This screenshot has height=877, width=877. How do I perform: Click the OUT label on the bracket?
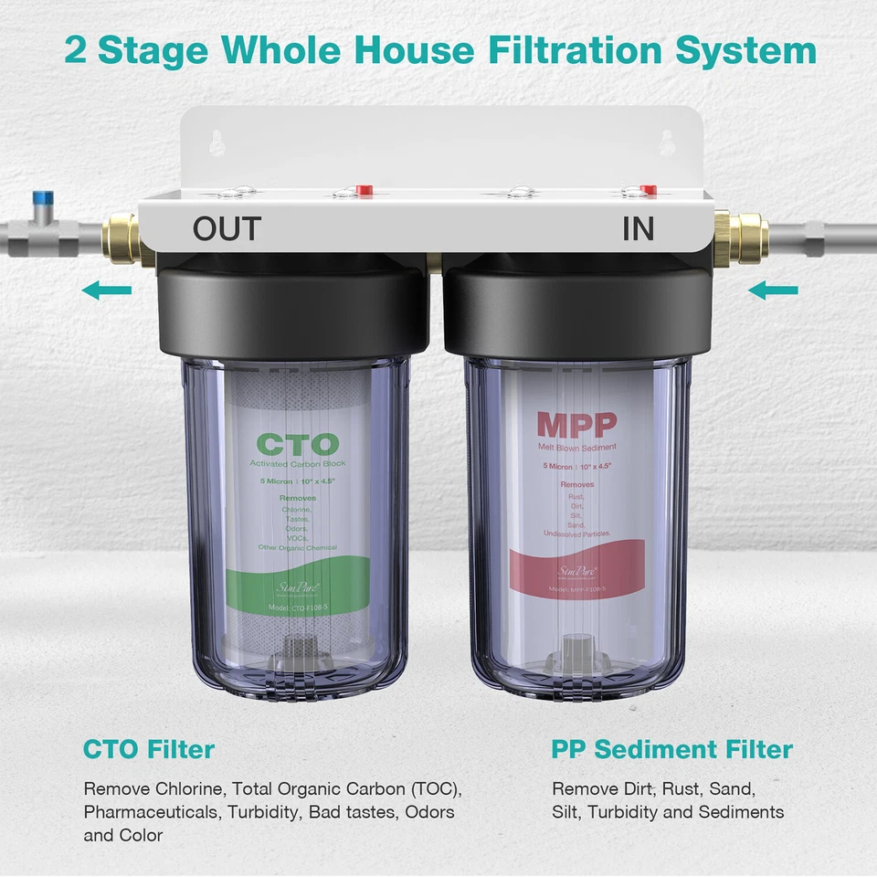[227, 228]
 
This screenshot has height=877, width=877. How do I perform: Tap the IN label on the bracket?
[639, 228]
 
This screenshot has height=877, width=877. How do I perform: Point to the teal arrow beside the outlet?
[106, 291]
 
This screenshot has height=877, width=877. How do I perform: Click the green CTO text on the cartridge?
[297, 445]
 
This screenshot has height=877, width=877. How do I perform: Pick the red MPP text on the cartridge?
[576, 425]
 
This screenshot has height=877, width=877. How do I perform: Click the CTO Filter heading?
[149, 750]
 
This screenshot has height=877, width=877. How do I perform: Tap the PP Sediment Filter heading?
[671, 750]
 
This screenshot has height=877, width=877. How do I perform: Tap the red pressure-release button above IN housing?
[649, 190]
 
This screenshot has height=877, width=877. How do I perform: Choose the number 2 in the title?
[76, 50]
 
